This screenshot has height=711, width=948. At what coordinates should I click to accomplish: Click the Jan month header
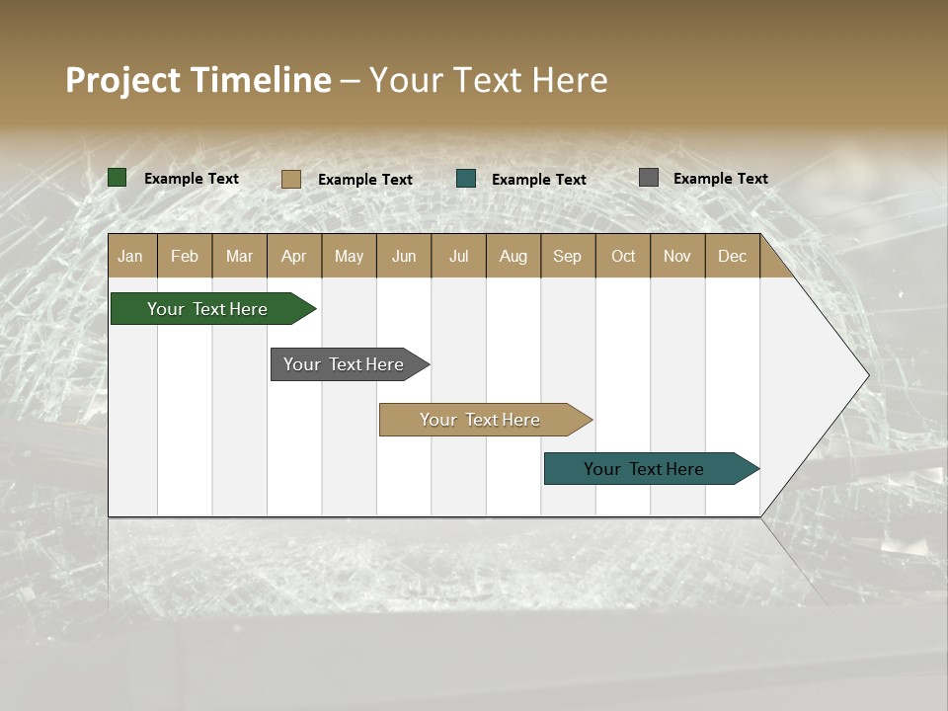coord(131,256)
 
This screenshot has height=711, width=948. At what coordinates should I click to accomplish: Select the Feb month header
coord(185,256)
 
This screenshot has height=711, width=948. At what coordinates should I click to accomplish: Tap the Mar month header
coord(239,256)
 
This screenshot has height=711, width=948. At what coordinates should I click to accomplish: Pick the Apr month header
coord(294,256)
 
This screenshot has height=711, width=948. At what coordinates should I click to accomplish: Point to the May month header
coord(349,256)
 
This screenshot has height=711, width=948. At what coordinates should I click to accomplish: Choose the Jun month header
coord(404,256)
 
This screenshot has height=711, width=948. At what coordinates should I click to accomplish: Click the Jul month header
coord(458,256)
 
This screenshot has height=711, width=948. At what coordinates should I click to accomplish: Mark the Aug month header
coord(513,256)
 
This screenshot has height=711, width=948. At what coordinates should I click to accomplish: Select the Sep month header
coord(568,256)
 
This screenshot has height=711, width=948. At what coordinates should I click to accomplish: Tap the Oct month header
coord(623,256)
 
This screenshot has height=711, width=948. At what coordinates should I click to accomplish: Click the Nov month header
coord(677,256)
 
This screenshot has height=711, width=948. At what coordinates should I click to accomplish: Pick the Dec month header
coord(733,256)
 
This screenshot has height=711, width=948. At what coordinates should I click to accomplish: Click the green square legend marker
coord(118,178)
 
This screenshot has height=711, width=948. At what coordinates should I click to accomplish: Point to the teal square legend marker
coord(466,179)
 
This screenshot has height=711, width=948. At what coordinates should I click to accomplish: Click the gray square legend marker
coord(649,178)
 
